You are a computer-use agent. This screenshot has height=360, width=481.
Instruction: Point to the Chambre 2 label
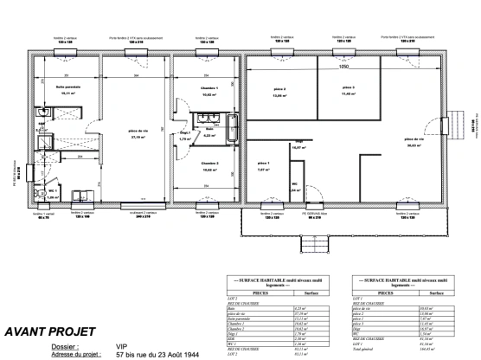pos(210,163)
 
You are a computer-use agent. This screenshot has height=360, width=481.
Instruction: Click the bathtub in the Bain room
pos(232,129)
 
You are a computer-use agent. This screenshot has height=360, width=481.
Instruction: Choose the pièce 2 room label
pos(279,91)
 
